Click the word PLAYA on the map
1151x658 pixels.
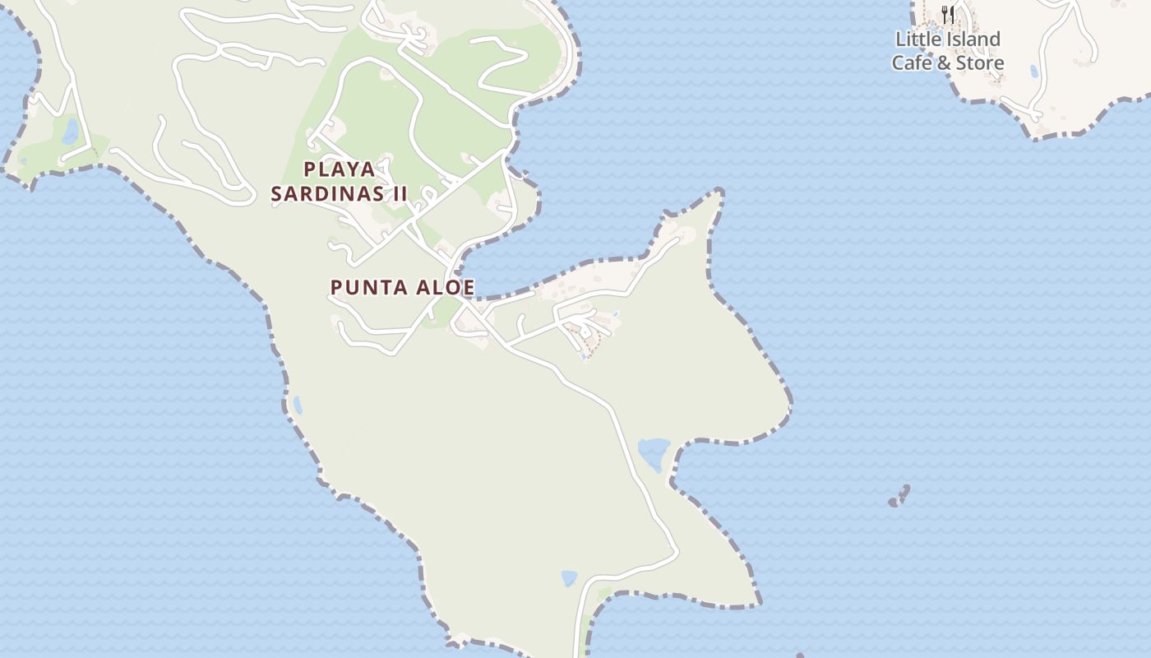pos(340,169)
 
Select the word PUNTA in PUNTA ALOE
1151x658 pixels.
pos(366,288)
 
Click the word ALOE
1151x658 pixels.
pos(445,288)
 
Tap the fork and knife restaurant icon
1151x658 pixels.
pos(948,14)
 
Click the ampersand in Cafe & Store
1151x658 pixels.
pos(945,63)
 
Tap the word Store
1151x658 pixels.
pos(980,63)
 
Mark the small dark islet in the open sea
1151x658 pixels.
pos(900,497)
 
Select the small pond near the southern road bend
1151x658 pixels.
pos(569,578)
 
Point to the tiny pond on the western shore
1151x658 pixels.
pos(297,405)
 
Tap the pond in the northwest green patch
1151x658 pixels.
pos(71,131)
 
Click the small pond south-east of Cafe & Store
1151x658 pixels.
pos(1033,72)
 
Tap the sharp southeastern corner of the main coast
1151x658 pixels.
pos(757,605)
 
